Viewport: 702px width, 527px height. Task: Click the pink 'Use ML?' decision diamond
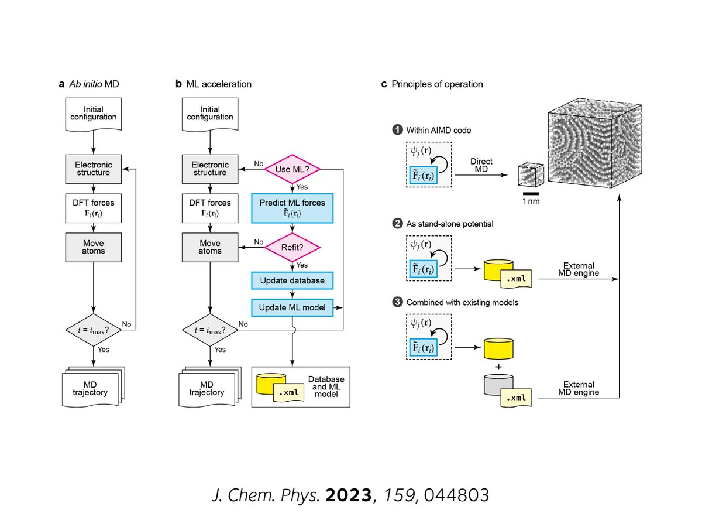click(x=292, y=169)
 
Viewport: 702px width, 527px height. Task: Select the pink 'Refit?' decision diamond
click(x=292, y=247)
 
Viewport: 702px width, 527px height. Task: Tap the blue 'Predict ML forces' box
click(x=292, y=208)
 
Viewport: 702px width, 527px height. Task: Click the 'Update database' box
click(x=292, y=280)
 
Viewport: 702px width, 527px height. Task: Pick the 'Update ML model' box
click(x=292, y=307)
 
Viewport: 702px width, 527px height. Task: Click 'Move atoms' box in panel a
click(x=94, y=247)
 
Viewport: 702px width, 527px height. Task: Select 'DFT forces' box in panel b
click(x=210, y=208)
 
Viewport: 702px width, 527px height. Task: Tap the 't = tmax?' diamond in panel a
click(x=94, y=330)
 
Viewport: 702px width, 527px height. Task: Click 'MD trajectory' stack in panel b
click(x=210, y=387)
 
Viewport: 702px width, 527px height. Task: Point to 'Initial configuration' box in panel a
click(x=94, y=114)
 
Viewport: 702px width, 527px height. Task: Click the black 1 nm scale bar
click(x=531, y=194)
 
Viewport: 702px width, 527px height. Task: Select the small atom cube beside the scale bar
click(x=531, y=174)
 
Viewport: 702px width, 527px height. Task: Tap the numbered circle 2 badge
click(x=397, y=223)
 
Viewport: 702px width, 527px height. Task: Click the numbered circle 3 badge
click(x=397, y=302)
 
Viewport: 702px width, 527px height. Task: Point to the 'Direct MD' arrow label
click(x=481, y=165)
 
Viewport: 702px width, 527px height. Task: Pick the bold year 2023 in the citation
click(x=348, y=495)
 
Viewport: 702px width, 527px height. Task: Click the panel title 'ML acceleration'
click(x=219, y=84)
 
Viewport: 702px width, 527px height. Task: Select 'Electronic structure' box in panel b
click(x=210, y=169)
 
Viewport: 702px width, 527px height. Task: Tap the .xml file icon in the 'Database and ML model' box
click(x=288, y=392)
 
